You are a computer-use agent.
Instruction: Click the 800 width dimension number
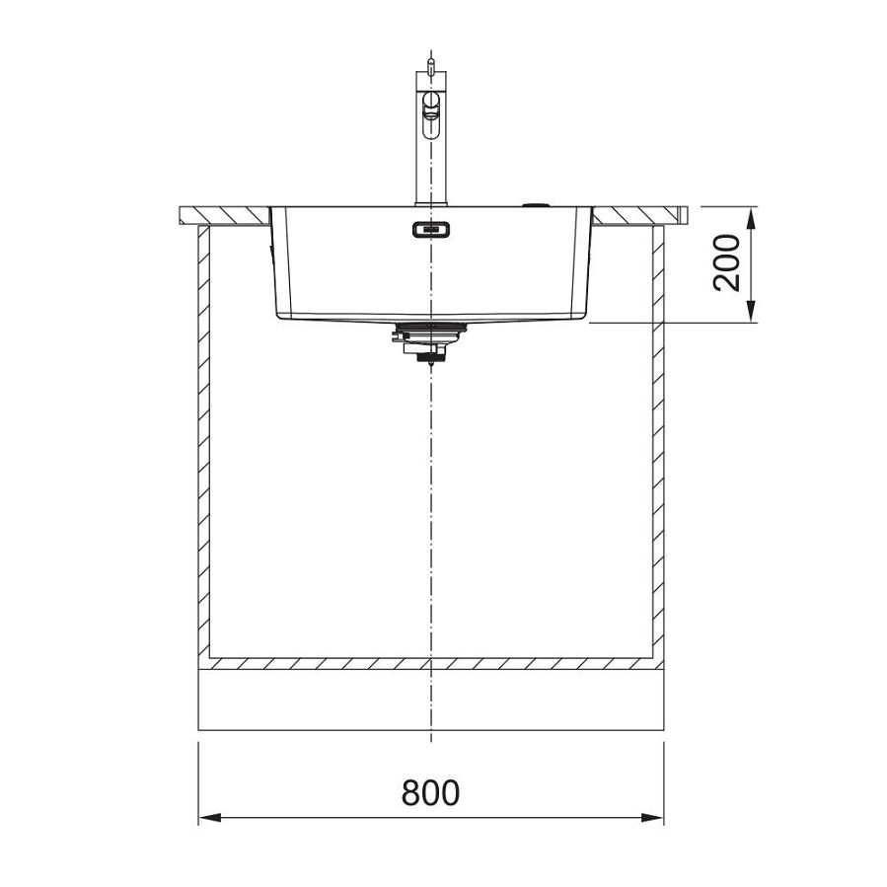coord(430,791)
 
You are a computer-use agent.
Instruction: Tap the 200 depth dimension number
coord(727,262)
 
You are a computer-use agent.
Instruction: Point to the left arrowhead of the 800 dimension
coord(207,817)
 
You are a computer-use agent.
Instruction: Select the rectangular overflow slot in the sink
coord(430,230)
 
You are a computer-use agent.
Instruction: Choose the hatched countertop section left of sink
coord(224,214)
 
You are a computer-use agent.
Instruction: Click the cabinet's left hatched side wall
coord(204,444)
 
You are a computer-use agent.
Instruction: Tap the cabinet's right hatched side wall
coord(658,444)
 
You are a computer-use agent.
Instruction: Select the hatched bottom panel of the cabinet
coord(431,663)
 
